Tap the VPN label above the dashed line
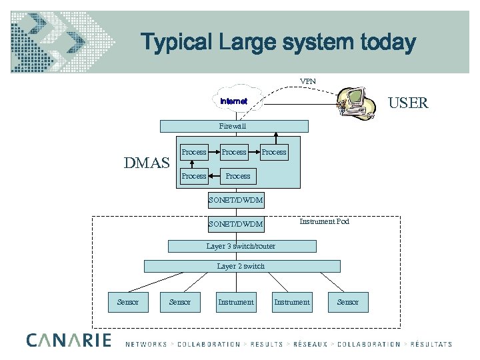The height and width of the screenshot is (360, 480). pyautogui.click(x=308, y=81)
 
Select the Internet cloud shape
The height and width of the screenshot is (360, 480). pyautogui.click(x=235, y=101)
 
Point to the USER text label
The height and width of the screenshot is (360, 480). pyautogui.click(x=409, y=103)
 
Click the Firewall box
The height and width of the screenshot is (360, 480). pyautogui.click(x=233, y=126)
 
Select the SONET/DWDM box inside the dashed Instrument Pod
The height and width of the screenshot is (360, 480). pyautogui.click(x=235, y=224)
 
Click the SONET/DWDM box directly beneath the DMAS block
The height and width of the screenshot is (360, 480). pyautogui.click(x=235, y=200)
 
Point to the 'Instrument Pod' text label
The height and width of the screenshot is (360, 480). pyautogui.click(x=324, y=221)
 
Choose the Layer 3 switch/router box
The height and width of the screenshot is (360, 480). pyautogui.click(x=241, y=247)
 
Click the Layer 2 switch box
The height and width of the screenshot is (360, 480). pyautogui.click(x=241, y=266)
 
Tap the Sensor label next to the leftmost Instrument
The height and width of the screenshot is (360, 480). pyautogui.click(x=180, y=302)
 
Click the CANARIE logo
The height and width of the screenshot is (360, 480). pyautogui.click(x=69, y=340)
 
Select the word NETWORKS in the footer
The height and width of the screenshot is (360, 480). pyautogui.click(x=146, y=344)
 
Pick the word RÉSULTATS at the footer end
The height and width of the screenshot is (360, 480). pyautogui.click(x=430, y=344)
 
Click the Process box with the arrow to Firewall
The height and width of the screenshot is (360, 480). pyautogui.click(x=273, y=152)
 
